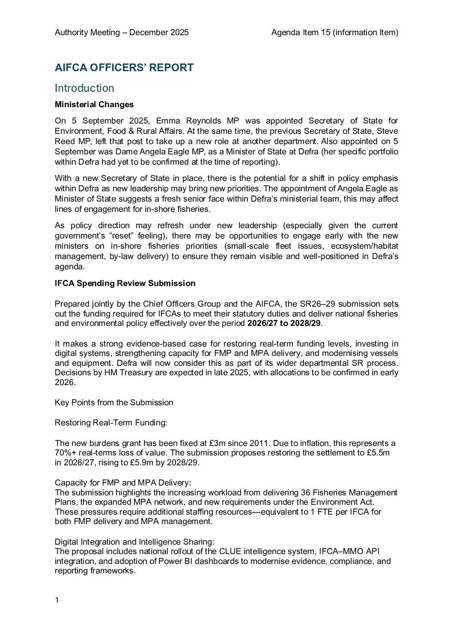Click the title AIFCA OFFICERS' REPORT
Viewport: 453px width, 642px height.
124,68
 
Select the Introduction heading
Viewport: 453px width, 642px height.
84,88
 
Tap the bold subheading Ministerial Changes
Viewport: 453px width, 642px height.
94,105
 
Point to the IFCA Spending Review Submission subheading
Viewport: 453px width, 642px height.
125,283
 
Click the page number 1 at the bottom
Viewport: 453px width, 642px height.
57,600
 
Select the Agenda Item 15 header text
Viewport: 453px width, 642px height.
334,33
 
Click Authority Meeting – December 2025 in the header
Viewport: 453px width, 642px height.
122,33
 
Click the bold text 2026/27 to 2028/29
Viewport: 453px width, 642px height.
284,323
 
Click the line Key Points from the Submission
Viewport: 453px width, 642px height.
114,403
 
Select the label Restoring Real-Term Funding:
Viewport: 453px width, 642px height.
111,423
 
